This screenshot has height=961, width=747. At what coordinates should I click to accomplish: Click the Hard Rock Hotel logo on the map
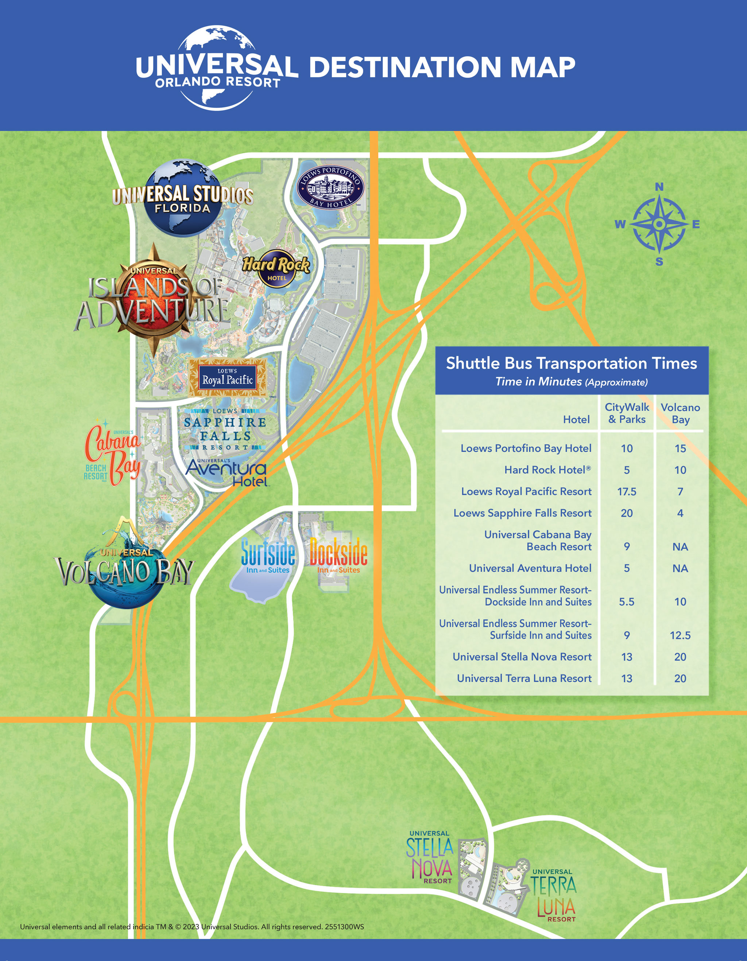pos(276,268)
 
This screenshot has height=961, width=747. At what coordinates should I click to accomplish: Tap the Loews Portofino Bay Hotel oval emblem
pos(330,188)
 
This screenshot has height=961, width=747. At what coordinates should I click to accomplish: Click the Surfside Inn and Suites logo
pos(268,557)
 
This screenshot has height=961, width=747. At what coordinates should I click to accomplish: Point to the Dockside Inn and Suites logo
pos(338,556)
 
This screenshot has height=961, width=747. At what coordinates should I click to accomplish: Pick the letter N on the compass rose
pos(659,187)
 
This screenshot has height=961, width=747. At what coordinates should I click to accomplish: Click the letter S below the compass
pos(659,262)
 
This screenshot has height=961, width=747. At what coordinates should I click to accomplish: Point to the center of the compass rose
pos(659,225)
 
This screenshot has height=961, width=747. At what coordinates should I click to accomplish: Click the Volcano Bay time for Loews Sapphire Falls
pos(680,513)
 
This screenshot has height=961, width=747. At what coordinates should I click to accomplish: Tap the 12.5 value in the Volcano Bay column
pos(680,635)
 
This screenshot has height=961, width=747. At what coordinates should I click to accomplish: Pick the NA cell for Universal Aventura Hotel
pos(680,568)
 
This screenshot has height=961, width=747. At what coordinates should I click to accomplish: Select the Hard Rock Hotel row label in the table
pos(547,470)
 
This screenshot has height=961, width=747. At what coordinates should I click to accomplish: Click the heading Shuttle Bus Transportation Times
pos(571,363)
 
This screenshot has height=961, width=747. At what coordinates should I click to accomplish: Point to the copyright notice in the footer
pos(192,926)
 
